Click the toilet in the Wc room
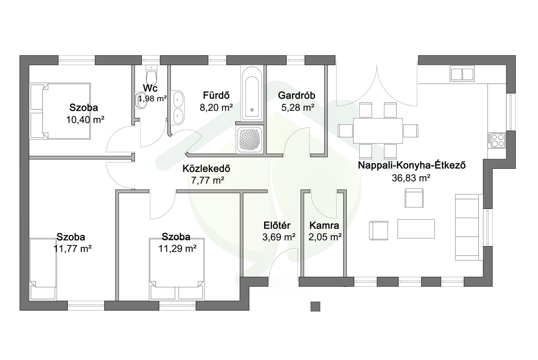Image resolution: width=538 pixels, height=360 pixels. [152, 74]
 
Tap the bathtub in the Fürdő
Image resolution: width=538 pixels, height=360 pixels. [252, 93]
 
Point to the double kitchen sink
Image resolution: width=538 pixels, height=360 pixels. [462, 74]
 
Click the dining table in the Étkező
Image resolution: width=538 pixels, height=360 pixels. [378, 130]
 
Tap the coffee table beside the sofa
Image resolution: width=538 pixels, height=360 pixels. [416, 229]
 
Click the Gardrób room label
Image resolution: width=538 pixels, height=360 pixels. [296, 95]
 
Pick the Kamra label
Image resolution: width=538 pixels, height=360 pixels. [324, 225]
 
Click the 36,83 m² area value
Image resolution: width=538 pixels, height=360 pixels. [411, 178]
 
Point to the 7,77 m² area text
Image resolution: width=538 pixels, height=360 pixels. [208, 180]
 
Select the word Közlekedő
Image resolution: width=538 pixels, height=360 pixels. [206, 168]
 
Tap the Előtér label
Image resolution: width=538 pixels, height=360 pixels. [277, 225]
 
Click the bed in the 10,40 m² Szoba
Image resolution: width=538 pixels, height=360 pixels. [60, 111]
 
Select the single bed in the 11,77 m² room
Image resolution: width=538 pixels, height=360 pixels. [43, 269]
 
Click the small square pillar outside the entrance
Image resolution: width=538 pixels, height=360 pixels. [315, 306]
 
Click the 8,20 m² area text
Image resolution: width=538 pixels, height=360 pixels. [216, 107]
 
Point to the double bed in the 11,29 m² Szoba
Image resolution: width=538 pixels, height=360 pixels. [177, 269]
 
